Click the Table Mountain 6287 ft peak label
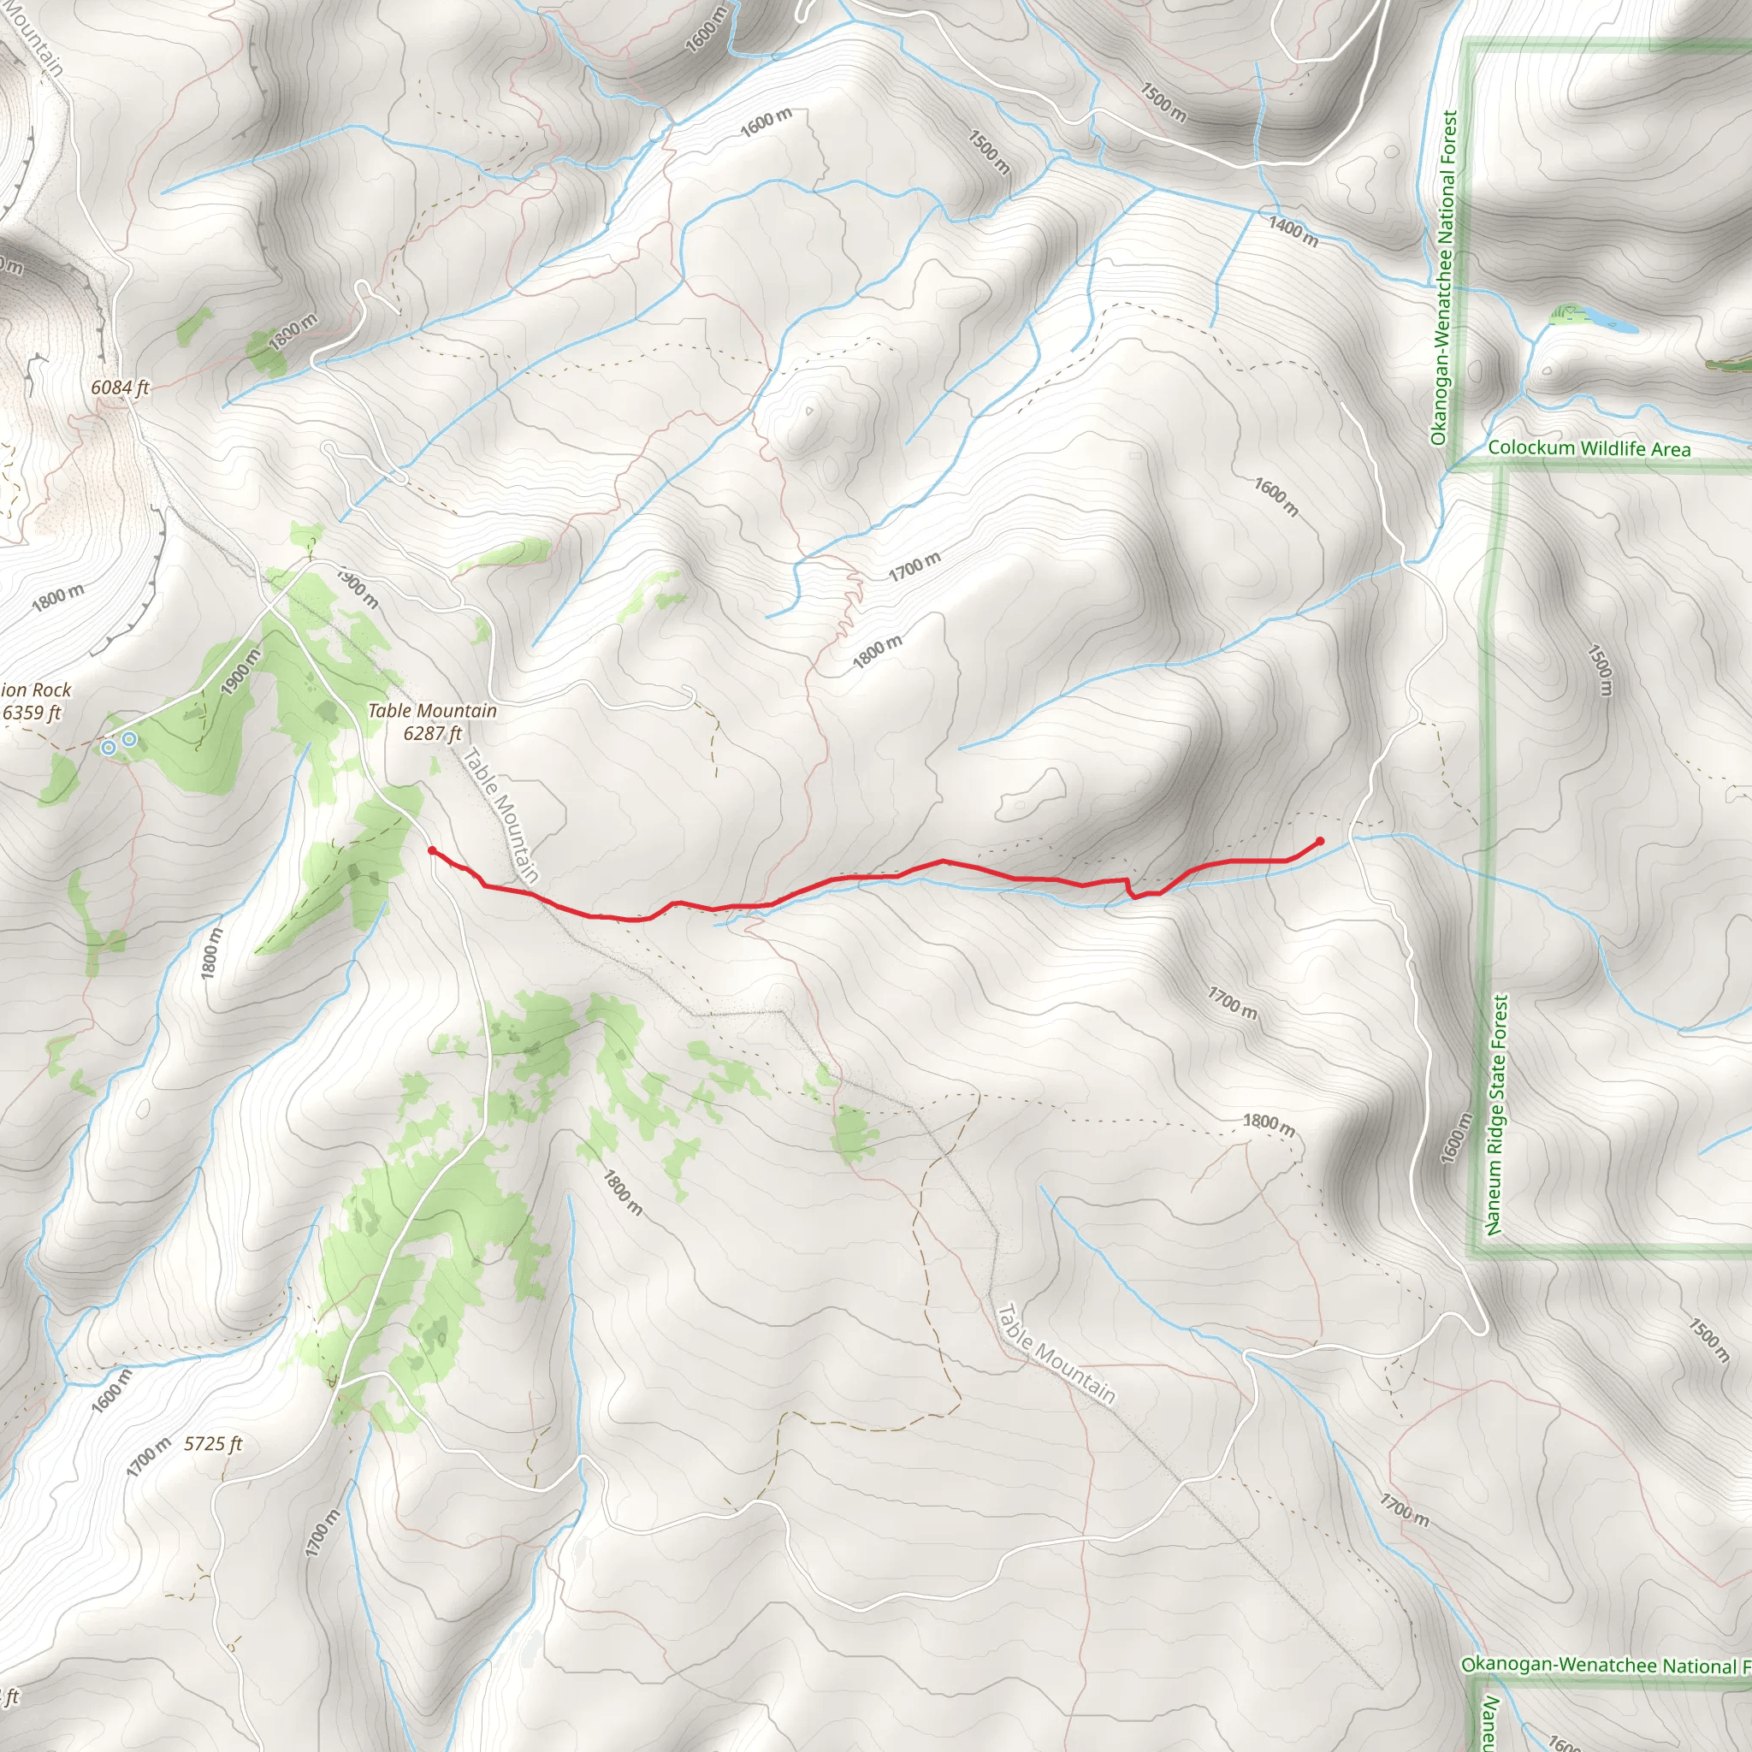433,723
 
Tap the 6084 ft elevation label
120,388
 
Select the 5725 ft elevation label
213,1444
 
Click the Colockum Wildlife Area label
1589,448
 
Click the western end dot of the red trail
432,850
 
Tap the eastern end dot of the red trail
1319,842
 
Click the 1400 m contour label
1293,231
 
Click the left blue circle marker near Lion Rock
109,747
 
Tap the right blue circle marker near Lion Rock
130,739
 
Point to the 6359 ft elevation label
32,713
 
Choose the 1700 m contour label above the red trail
914,567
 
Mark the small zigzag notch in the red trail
1131,890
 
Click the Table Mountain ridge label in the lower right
1056,1354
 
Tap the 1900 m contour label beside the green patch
241,672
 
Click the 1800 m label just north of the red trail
877,652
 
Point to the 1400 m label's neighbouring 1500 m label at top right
1163,103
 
